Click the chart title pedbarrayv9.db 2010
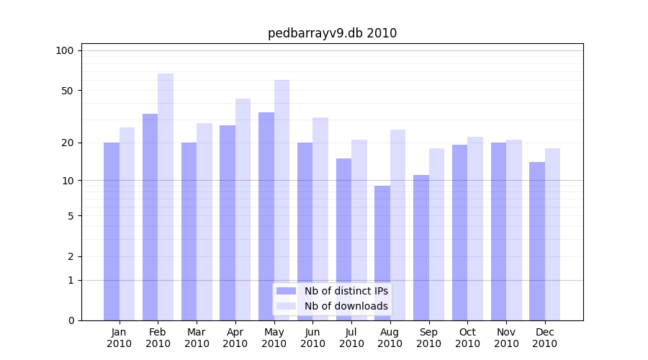[332, 33]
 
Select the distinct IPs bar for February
[150, 216]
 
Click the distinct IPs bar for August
[382, 253]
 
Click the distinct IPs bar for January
[112, 231]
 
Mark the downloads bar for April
[243, 209]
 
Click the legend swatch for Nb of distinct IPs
[286, 291]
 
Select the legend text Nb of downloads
[346, 306]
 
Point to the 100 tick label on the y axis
[65, 50]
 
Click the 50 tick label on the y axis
[67, 91]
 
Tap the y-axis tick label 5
[71, 215]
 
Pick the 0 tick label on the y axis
[71, 320]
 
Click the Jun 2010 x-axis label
[312, 338]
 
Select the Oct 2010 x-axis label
[467, 338]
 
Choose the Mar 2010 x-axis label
[197, 338]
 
